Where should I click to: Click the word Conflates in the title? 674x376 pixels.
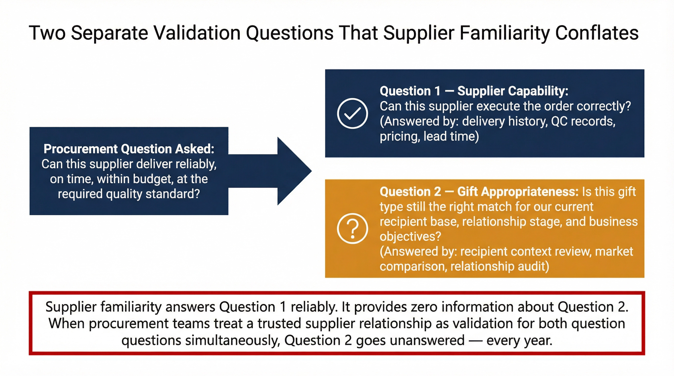(597, 33)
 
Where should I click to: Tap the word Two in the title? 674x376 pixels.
(47, 33)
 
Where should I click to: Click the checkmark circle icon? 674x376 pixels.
(352, 113)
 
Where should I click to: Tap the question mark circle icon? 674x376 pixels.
(352, 229)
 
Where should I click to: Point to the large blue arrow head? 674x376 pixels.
(294, 171)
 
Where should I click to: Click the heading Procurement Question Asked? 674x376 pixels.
(129, 149)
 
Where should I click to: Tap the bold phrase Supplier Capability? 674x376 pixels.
(513, 91)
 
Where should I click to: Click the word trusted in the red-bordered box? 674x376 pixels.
(280, 323)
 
